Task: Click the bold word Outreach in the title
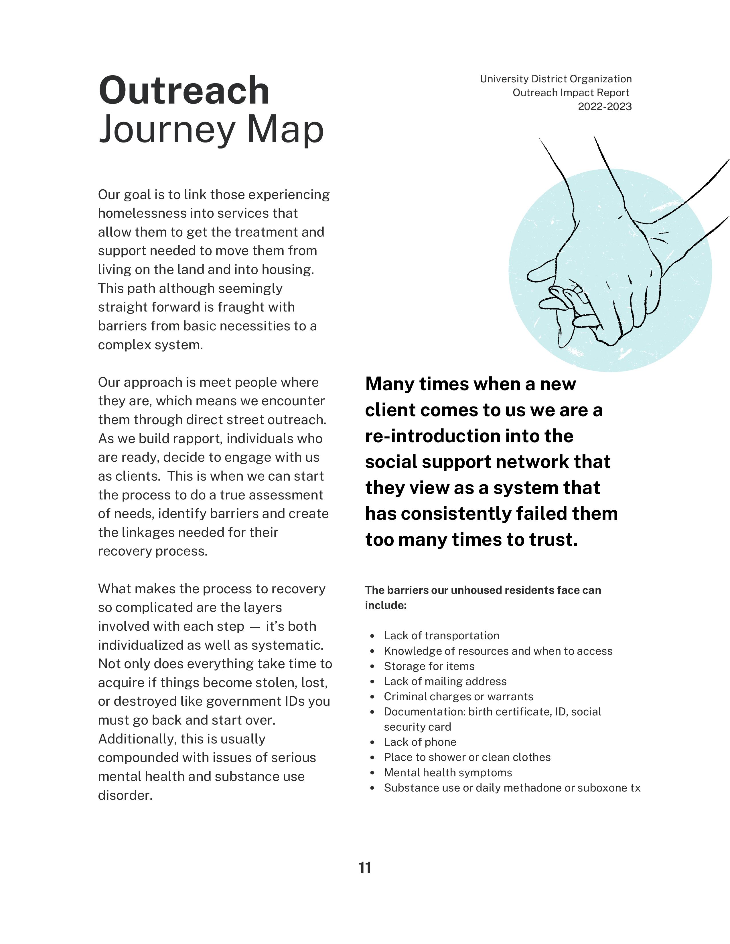[x=184, y=90]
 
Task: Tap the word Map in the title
[x=285, y=130]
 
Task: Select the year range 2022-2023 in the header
[x=605, y=106]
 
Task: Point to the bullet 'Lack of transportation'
[x=441, y=635]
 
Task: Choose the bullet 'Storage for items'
[x=429, y=666]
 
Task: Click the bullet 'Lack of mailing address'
[x=445, y=681]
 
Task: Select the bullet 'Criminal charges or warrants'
[x=458, y=696]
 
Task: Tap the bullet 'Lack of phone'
[x=420, y=742]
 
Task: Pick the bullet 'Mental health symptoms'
[x=448, y=772]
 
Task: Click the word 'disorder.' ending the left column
[x=125, y=795]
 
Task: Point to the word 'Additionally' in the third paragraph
[x=137, y=739]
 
